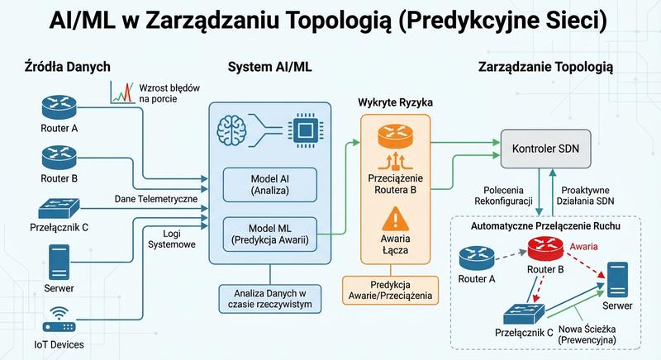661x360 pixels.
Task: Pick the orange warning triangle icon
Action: (x=395, y=219)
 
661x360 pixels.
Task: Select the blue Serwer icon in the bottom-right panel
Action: (x=617, y=279)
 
